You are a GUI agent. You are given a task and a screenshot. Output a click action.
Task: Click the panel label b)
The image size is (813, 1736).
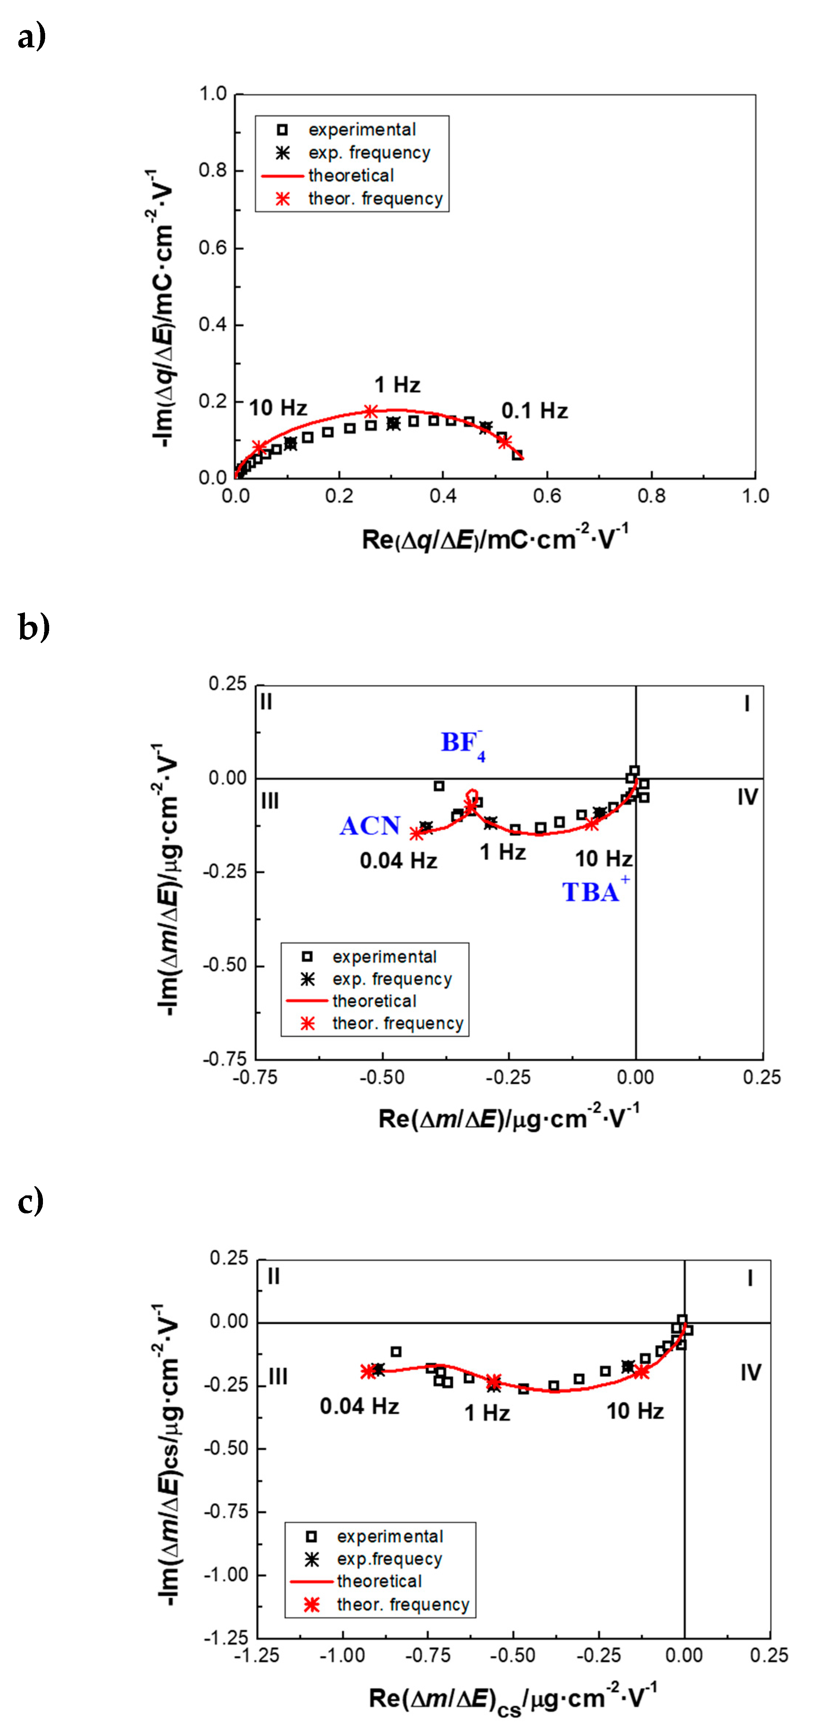[33, 627]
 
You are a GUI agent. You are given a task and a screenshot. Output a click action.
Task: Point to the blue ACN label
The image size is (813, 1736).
[369, 826]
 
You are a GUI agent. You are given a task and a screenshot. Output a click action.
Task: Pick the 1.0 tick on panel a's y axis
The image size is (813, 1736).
[213, 94]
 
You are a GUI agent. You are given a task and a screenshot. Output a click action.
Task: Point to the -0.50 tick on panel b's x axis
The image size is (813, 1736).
[382, 1077]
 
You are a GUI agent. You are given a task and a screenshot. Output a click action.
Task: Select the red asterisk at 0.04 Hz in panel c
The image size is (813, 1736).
[368, 1371]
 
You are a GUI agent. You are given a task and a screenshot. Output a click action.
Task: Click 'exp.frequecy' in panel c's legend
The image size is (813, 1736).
[389, 1559]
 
